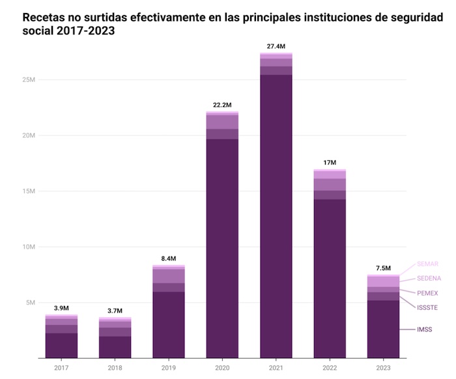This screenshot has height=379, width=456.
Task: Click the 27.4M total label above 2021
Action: [x=276, y=46]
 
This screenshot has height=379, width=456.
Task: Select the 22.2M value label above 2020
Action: [x=222, y=105]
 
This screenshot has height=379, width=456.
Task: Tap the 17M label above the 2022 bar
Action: [x=330, y=162]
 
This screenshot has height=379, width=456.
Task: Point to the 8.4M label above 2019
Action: [x=169, y=259]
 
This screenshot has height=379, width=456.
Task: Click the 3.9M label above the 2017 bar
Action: [x=61, y=308]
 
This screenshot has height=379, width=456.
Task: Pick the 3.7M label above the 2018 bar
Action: [x=115, y=311]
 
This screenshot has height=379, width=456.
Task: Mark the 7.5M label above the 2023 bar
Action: [x=383, y=268]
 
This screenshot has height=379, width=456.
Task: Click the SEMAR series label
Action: [x=428, y=264]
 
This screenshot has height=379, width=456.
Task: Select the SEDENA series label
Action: [x=429, y=279]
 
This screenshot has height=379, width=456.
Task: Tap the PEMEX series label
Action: [x=428, y=294]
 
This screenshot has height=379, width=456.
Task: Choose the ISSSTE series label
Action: [x=429, y=307]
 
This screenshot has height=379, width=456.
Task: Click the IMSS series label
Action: [x=425, y=330]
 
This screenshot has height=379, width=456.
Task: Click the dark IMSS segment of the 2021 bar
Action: [x=276, y=215]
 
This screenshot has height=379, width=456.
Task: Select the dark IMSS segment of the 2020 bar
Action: [x=222, y=247]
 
